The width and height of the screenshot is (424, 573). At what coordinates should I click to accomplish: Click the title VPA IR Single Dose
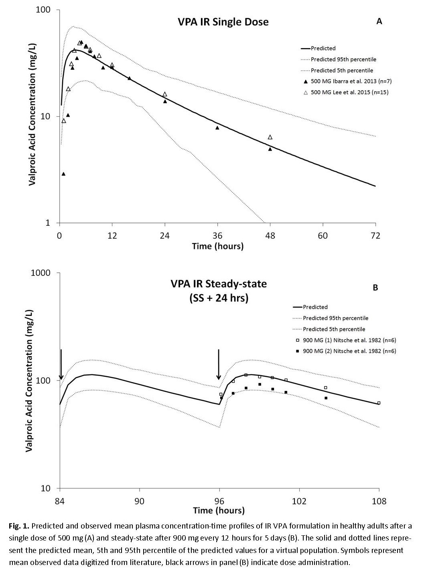(x=223, y=22)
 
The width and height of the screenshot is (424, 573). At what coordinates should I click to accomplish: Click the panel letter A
(x=379, y=22)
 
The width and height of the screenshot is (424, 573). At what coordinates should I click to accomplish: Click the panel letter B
(x=375, y=288)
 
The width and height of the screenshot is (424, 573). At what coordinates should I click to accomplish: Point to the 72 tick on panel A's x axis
(x=376, y=235)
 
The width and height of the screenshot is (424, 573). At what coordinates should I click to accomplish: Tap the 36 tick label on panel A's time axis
(x=217, y=235)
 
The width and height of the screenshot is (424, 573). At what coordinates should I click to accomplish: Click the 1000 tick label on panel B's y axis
(x=40, y=273)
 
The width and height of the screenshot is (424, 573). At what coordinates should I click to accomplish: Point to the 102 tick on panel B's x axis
(x=299, y=501)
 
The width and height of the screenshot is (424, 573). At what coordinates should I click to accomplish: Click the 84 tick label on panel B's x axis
(x=60, y=501)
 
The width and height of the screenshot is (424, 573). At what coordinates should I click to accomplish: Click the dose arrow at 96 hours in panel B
(x=219, y=364)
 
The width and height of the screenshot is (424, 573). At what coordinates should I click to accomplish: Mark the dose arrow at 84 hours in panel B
(x=61, y=364)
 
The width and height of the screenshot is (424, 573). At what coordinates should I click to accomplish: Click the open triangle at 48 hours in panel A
(x=270, y=137)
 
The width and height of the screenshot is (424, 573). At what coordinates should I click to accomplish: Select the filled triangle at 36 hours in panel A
(x=217, y=128)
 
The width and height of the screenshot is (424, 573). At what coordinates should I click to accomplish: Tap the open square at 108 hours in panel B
(x=379, y=403)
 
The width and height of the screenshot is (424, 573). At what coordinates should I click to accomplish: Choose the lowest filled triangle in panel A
(x=63, y=174)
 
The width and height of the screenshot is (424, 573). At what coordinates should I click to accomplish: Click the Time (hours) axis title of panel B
(x=219, y=510)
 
